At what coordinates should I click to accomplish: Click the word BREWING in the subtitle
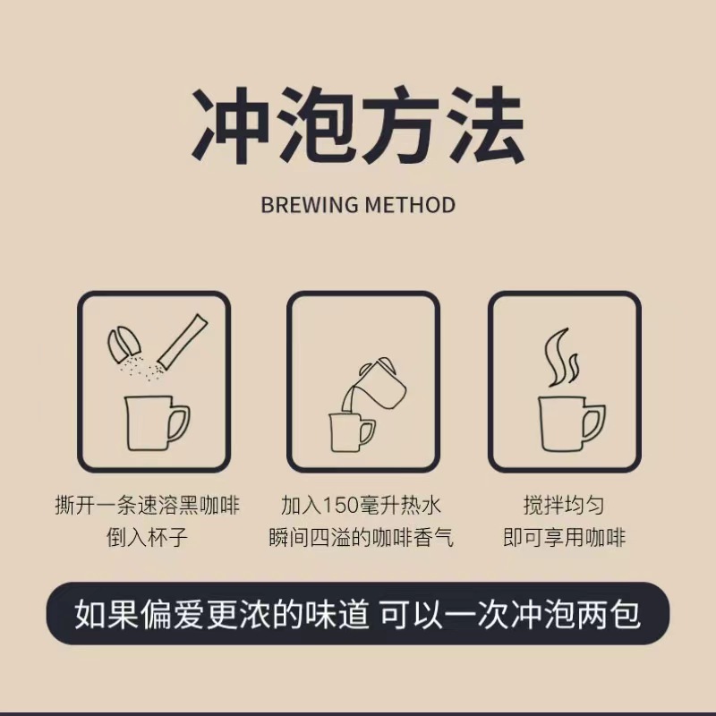310,205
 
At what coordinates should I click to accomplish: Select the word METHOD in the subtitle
411,205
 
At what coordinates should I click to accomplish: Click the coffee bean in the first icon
122,344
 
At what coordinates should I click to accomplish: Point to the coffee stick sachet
183,340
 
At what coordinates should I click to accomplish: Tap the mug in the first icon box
157,423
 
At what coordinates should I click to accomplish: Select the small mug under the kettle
352,432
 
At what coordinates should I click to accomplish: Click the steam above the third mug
561,356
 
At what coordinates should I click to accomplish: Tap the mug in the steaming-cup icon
572,424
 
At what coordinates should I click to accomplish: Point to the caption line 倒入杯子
147,537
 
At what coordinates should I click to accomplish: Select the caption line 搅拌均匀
564,505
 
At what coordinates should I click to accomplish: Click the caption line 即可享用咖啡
564,537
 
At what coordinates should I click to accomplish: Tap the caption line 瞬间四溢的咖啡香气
361,537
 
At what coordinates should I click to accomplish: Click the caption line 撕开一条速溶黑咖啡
147,505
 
